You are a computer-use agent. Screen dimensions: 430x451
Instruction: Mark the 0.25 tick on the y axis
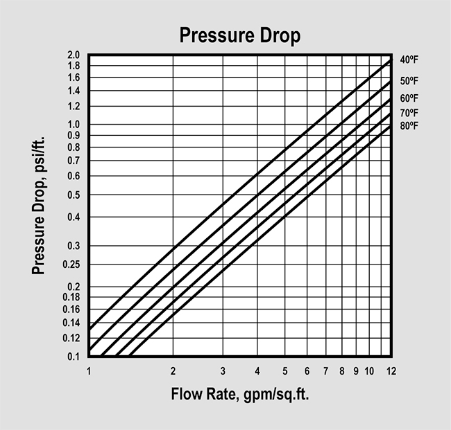tap(73, 265)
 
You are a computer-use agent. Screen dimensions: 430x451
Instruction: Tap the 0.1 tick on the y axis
tap(75, 356)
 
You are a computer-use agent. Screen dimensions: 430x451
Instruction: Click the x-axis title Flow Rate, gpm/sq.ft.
tap(240, 395)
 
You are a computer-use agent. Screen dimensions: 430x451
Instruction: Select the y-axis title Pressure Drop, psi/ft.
tap(40, 206)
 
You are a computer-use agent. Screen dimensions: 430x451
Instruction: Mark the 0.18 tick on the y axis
tap(73, 297)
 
